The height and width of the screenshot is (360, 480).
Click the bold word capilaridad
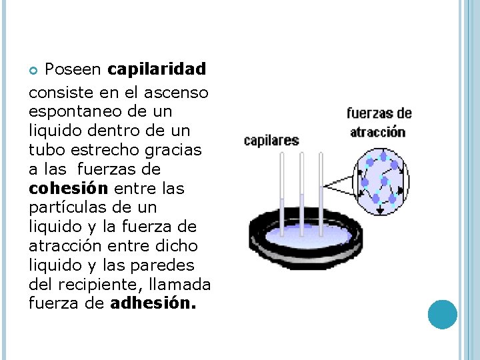click(x=157, y=69)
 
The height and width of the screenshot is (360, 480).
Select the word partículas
click(x=71, y=208)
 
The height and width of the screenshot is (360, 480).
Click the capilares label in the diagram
click(x=271, y=141)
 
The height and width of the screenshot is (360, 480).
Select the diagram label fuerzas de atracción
click(x=379, y=122)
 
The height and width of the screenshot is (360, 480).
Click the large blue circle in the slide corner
click(x=442, y=314)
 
